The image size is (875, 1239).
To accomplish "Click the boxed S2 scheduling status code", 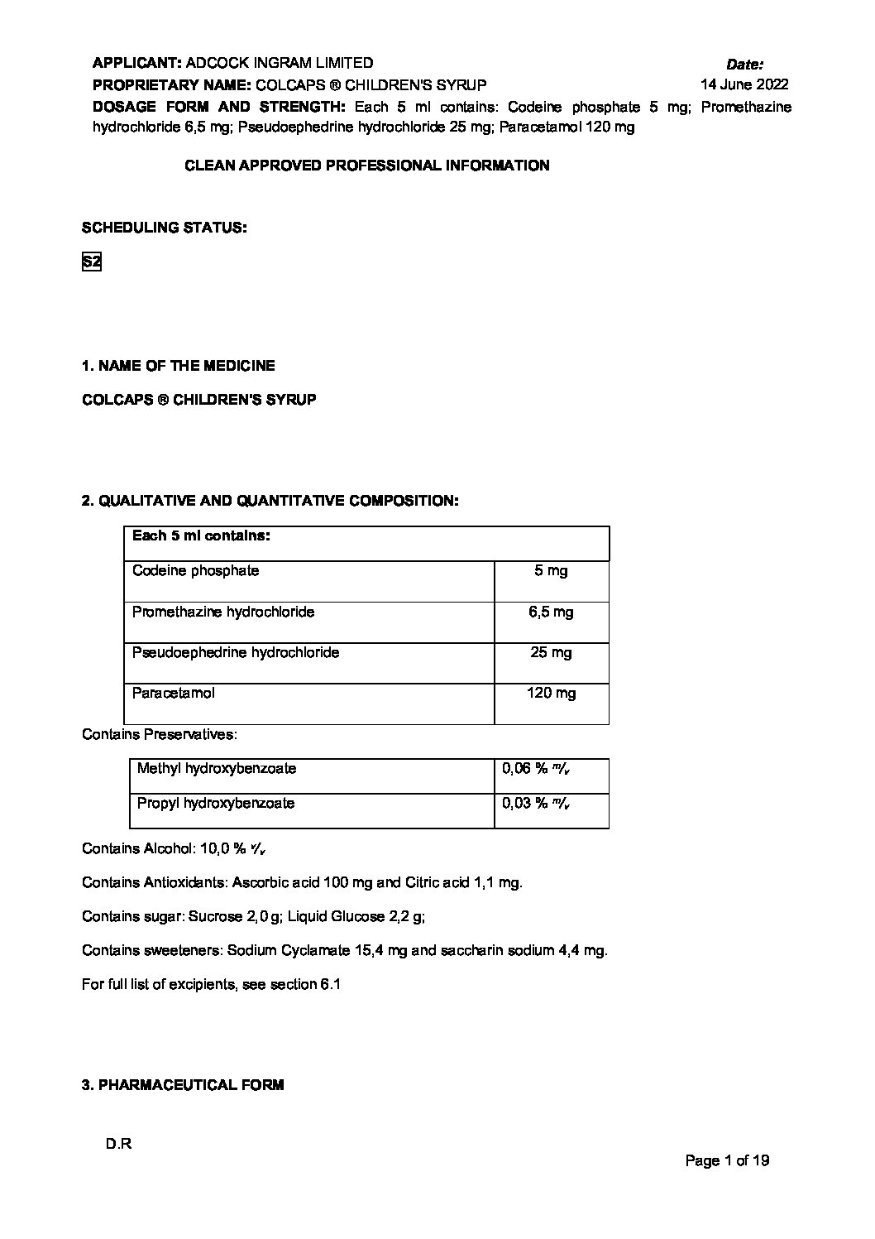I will click(91, 262).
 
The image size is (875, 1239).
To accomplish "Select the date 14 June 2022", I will click(744, 84).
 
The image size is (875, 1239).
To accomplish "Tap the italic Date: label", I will click(744, 64).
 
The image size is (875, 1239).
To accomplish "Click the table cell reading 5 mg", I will click(551, 571).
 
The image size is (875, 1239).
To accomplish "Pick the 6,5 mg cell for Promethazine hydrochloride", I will click(551, 612).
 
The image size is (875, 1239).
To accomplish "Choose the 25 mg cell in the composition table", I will click(551, 653).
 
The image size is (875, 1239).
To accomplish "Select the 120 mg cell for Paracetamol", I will click(551, 694).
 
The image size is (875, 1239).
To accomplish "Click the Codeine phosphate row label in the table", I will click(195, 571).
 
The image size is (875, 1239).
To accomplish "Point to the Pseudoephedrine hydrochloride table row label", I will click(236, 653).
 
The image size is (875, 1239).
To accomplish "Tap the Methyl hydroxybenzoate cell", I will click(217, 769).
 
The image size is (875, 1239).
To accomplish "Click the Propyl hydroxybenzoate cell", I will click(216, 804).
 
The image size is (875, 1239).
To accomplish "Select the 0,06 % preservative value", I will click(535, 769).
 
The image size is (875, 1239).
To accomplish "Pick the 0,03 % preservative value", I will click(535, 804).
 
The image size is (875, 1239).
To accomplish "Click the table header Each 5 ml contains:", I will click(201, 535).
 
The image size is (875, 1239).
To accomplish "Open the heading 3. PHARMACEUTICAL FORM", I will click(183, 1085).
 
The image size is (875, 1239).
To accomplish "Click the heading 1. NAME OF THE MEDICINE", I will click(179, 366).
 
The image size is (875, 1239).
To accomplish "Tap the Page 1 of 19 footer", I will click(727, 1160).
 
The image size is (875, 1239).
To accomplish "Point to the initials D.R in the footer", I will click(118, 1145).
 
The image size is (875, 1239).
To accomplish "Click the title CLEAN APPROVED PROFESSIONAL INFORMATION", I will click(366, 166).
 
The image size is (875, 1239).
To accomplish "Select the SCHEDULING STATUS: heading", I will click(164, 228).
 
